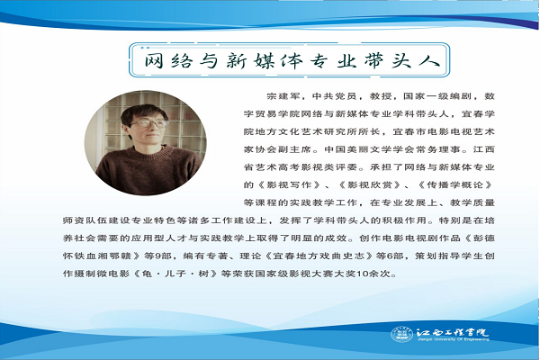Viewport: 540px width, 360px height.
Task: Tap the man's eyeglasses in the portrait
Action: point(148,123)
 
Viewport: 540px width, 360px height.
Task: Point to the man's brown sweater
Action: point(149,171)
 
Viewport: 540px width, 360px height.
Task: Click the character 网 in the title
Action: point(154,60)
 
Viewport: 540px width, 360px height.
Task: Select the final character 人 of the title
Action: point(429,60)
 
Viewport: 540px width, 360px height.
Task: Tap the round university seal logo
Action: point(401,334)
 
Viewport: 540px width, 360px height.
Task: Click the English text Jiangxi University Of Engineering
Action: point(453,339)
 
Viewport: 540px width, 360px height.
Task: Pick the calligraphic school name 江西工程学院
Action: point(452,332)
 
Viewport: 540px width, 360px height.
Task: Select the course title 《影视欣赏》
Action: point(370,184)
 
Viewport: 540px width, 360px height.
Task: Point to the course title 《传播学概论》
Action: point(455,184)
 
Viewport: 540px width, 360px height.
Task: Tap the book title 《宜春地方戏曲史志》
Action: point(319,256)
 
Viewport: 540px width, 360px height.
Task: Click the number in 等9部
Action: point(158,256)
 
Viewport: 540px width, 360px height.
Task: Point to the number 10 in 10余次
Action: point(363,274)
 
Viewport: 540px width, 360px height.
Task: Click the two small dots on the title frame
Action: point(145,48)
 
